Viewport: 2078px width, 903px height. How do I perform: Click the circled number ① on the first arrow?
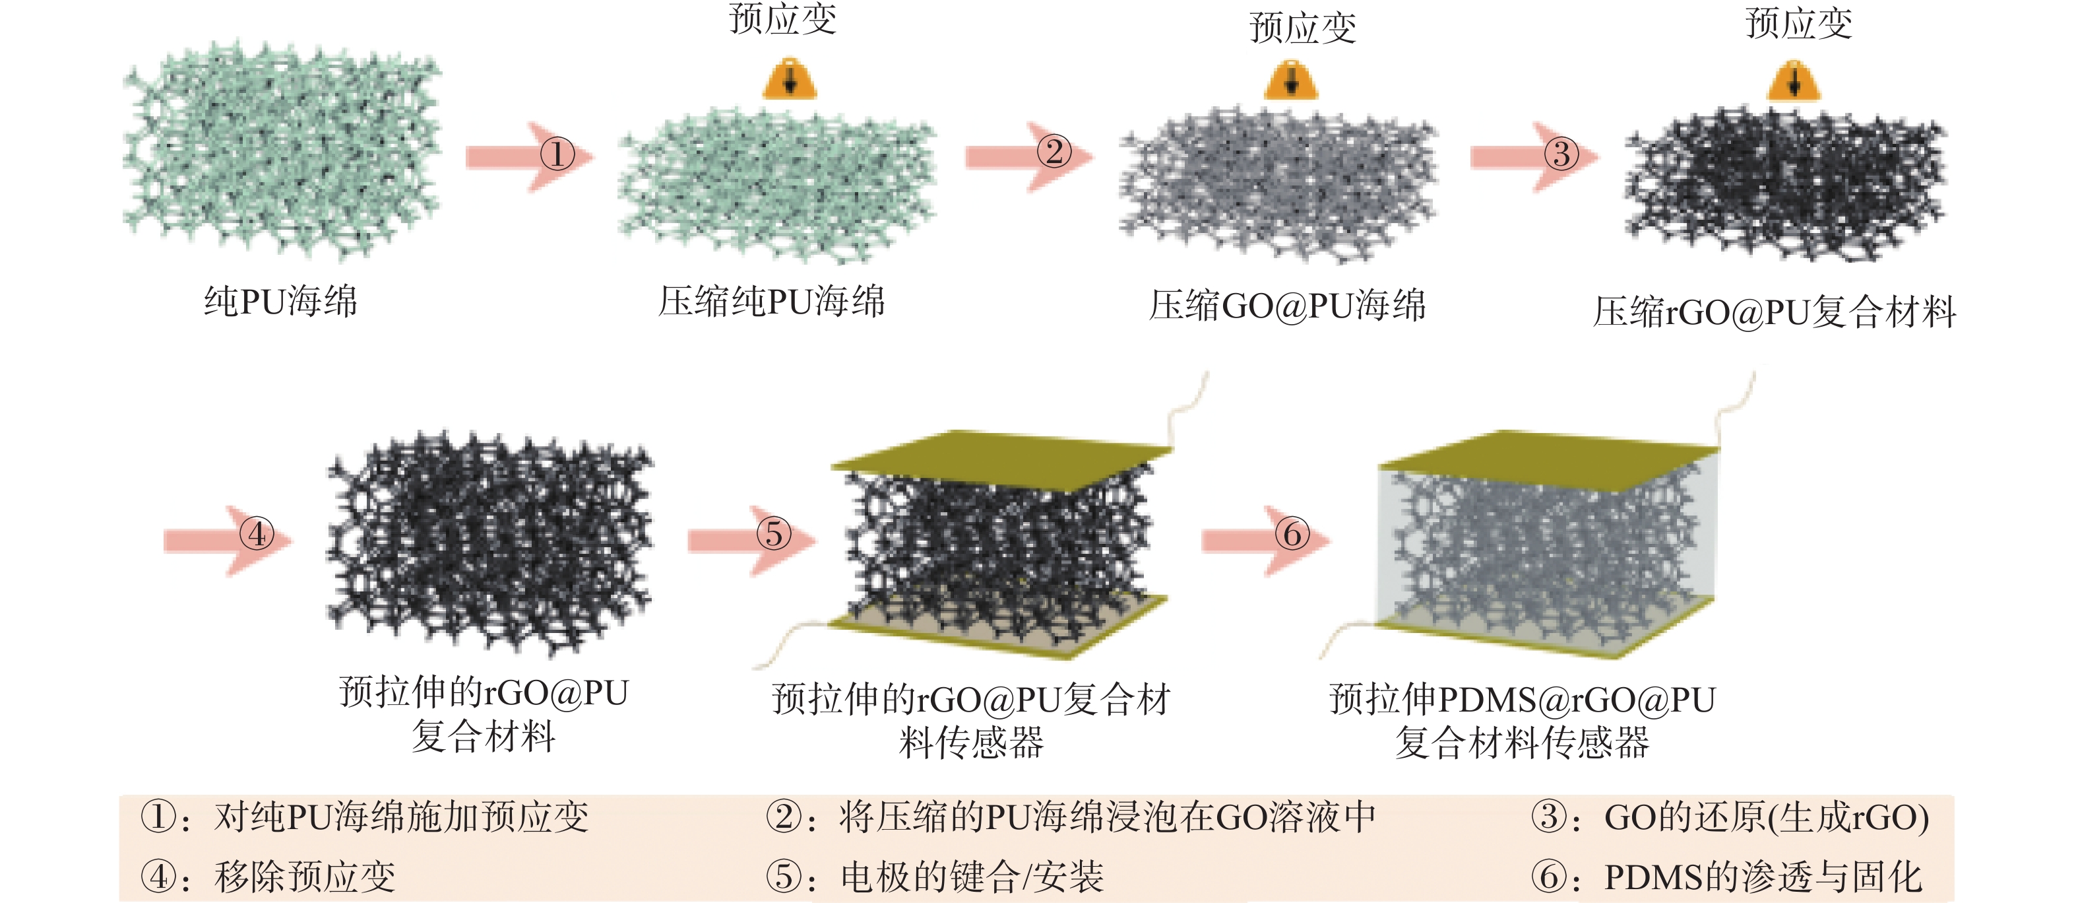tap(557, 153)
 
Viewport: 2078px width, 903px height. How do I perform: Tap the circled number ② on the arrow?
tap(1054, 152)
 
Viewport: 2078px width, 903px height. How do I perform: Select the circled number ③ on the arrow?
tap(1561, 153)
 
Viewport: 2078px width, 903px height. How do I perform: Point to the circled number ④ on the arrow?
tap(257, 533)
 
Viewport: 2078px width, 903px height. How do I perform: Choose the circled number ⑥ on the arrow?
tap(1292, 533)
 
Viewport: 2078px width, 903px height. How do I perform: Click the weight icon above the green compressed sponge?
tap(790, 79)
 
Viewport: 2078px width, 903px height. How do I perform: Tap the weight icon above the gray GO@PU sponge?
tap(1292, 80)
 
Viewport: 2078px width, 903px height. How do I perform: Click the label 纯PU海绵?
tap(280, 302)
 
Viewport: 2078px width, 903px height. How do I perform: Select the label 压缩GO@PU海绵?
tap(1288, 306)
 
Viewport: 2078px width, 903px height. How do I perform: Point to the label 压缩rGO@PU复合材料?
tap(1775, 312)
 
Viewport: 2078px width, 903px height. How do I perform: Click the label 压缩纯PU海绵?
tap(771, 302)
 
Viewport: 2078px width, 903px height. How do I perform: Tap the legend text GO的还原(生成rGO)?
tap(1767, 817)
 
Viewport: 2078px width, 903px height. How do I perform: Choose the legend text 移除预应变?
tap(305, 877)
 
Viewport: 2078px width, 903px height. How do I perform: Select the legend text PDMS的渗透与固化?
tap(1763, 877)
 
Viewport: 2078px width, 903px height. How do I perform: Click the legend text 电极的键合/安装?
tap(972, 877)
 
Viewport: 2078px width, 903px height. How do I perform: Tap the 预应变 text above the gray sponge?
tap(1303, 28)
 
